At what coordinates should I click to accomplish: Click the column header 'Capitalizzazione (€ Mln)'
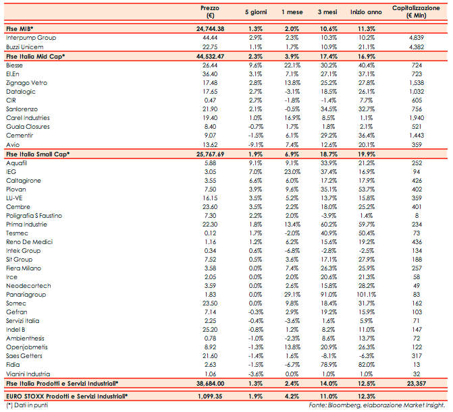pos(419,11)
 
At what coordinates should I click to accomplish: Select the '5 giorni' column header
pos(255,12)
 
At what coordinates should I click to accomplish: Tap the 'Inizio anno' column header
pos(367,12)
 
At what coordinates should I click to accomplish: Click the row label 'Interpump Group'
pos(30,38)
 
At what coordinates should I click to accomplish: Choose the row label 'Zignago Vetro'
pos(27,82)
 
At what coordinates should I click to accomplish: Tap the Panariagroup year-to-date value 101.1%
pos(367,295)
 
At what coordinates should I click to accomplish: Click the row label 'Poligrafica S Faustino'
pos(38,215)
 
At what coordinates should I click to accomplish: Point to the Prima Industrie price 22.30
pos(210,224)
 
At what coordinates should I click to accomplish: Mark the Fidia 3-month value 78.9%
pos(329,365)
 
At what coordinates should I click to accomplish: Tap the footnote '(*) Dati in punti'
pos(26,405)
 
